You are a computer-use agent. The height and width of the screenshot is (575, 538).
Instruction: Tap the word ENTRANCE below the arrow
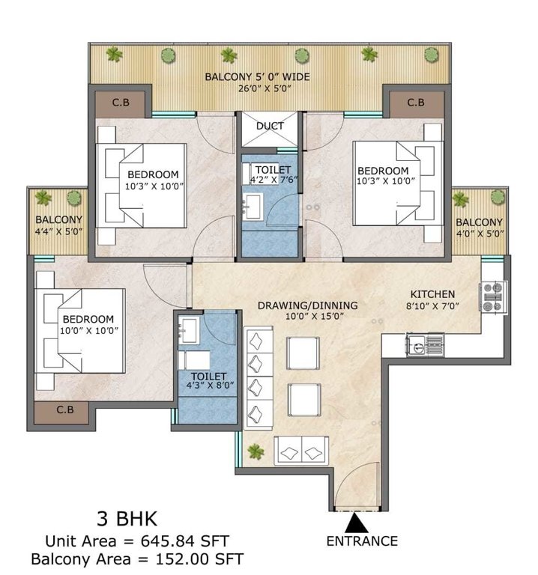[362, 541]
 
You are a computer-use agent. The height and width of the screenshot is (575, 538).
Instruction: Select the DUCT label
[270, 126]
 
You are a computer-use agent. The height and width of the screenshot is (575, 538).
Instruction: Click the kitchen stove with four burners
[495, 296]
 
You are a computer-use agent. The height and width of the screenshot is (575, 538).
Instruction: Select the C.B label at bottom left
[65, 410]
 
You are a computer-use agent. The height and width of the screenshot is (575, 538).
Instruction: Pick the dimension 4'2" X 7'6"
[271, 180]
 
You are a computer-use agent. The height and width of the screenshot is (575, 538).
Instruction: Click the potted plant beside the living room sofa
[256, 451]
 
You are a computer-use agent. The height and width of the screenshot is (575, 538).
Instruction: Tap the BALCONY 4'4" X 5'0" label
[58, 225]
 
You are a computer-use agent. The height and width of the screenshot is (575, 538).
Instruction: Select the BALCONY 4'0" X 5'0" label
[479, 228]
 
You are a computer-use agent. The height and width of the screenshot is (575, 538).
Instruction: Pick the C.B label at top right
[416, 103]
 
